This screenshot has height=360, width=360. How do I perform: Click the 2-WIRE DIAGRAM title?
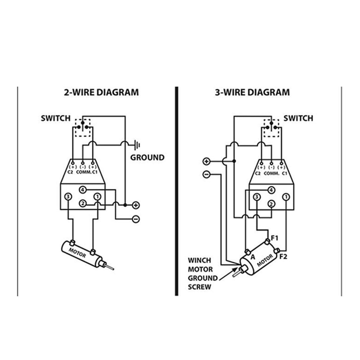click(x=101, y=92)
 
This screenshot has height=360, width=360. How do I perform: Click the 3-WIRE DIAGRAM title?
click(x=252, y=92)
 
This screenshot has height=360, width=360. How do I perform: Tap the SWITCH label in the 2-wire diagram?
click(x=56, y=118)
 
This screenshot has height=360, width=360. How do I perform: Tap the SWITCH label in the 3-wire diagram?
click(x=298, y=118)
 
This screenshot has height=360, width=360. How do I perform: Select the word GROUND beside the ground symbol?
click(x=147, y=157)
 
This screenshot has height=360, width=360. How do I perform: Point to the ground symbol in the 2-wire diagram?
click(x=137, y=145)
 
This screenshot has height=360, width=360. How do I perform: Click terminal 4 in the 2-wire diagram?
click(x=83, y=190)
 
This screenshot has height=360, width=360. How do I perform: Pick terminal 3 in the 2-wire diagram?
click(x=68, y=197)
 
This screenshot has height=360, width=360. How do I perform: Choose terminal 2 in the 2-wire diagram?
click(x=83, y=204)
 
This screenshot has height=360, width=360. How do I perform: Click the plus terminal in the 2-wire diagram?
click(x=136, y=205)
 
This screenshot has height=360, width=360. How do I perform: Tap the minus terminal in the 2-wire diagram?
click(x=136, y=219)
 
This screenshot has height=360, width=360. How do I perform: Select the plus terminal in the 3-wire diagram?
click(x=206, y=161)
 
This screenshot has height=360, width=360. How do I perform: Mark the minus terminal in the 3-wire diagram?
click(x=206, y=174)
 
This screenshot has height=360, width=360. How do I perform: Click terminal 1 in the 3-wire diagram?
click(x=286, y=197)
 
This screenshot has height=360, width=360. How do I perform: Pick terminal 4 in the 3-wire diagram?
click(x=271, y=190)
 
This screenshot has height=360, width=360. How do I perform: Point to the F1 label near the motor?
click(x=275, y=238)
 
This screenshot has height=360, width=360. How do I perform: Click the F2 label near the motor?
click(x=283, y=256)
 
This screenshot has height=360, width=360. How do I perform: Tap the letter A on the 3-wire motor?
click(x=253, y=257)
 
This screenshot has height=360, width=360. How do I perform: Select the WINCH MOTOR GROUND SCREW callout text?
click(x=202, y=274)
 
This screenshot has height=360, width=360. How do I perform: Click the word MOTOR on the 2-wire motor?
click(x=77, y=253)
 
